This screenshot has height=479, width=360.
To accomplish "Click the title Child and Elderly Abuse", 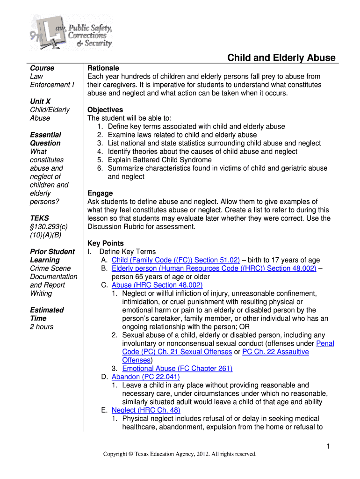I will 281,58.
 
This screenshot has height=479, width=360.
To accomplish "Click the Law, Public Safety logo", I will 71,32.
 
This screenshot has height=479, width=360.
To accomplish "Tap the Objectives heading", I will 105,110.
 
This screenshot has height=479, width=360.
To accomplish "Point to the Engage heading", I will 100,193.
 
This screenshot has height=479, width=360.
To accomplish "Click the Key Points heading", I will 106,243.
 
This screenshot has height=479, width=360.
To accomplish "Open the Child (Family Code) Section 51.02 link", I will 176,260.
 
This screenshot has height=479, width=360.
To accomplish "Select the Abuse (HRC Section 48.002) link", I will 157,285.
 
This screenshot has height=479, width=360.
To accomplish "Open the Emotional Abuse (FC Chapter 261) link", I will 177,369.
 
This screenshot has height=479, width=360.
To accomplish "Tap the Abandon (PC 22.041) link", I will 146,377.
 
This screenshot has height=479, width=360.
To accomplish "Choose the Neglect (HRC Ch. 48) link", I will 146,410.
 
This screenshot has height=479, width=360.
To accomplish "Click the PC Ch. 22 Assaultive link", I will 275,352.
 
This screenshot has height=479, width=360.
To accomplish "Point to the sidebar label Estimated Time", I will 47,314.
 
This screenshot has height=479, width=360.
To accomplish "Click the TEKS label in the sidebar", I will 39,218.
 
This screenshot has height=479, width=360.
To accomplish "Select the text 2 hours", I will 42,327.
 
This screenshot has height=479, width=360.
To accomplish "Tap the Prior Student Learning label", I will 52,256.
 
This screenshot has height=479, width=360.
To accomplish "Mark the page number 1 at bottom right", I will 329,447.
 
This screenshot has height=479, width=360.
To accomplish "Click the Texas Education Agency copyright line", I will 180,454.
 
